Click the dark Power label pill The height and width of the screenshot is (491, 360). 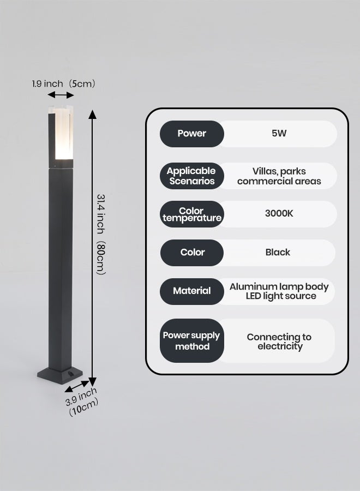click(192, 134)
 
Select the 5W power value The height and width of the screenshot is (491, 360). click(279, 134)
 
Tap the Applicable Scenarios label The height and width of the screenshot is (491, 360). click(192, 176)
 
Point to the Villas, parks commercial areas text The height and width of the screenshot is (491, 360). click(279, 176)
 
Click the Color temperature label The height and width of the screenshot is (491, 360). click(192, 214)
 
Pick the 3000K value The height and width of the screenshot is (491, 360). click(279, 213)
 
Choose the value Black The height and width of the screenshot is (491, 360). click(278, 252)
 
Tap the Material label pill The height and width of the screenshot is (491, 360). click(192, 291)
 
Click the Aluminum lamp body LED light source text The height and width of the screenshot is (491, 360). click(279, 291)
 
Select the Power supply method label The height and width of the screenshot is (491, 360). click(192, 340)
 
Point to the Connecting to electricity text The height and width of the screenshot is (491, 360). click(279, 342)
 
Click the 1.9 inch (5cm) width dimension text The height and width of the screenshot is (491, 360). click(64, 83)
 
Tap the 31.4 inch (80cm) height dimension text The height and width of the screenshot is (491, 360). click(101, 234)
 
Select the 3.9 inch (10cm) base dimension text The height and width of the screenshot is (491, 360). click(82, 402)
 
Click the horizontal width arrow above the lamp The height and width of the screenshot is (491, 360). click(61, 95)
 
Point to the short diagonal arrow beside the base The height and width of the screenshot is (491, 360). click(77, 386)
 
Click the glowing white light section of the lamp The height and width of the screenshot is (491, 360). click(64, 134)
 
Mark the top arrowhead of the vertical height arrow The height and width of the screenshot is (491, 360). click(92, 115)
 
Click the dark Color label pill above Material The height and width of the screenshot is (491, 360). click(192, 253)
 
